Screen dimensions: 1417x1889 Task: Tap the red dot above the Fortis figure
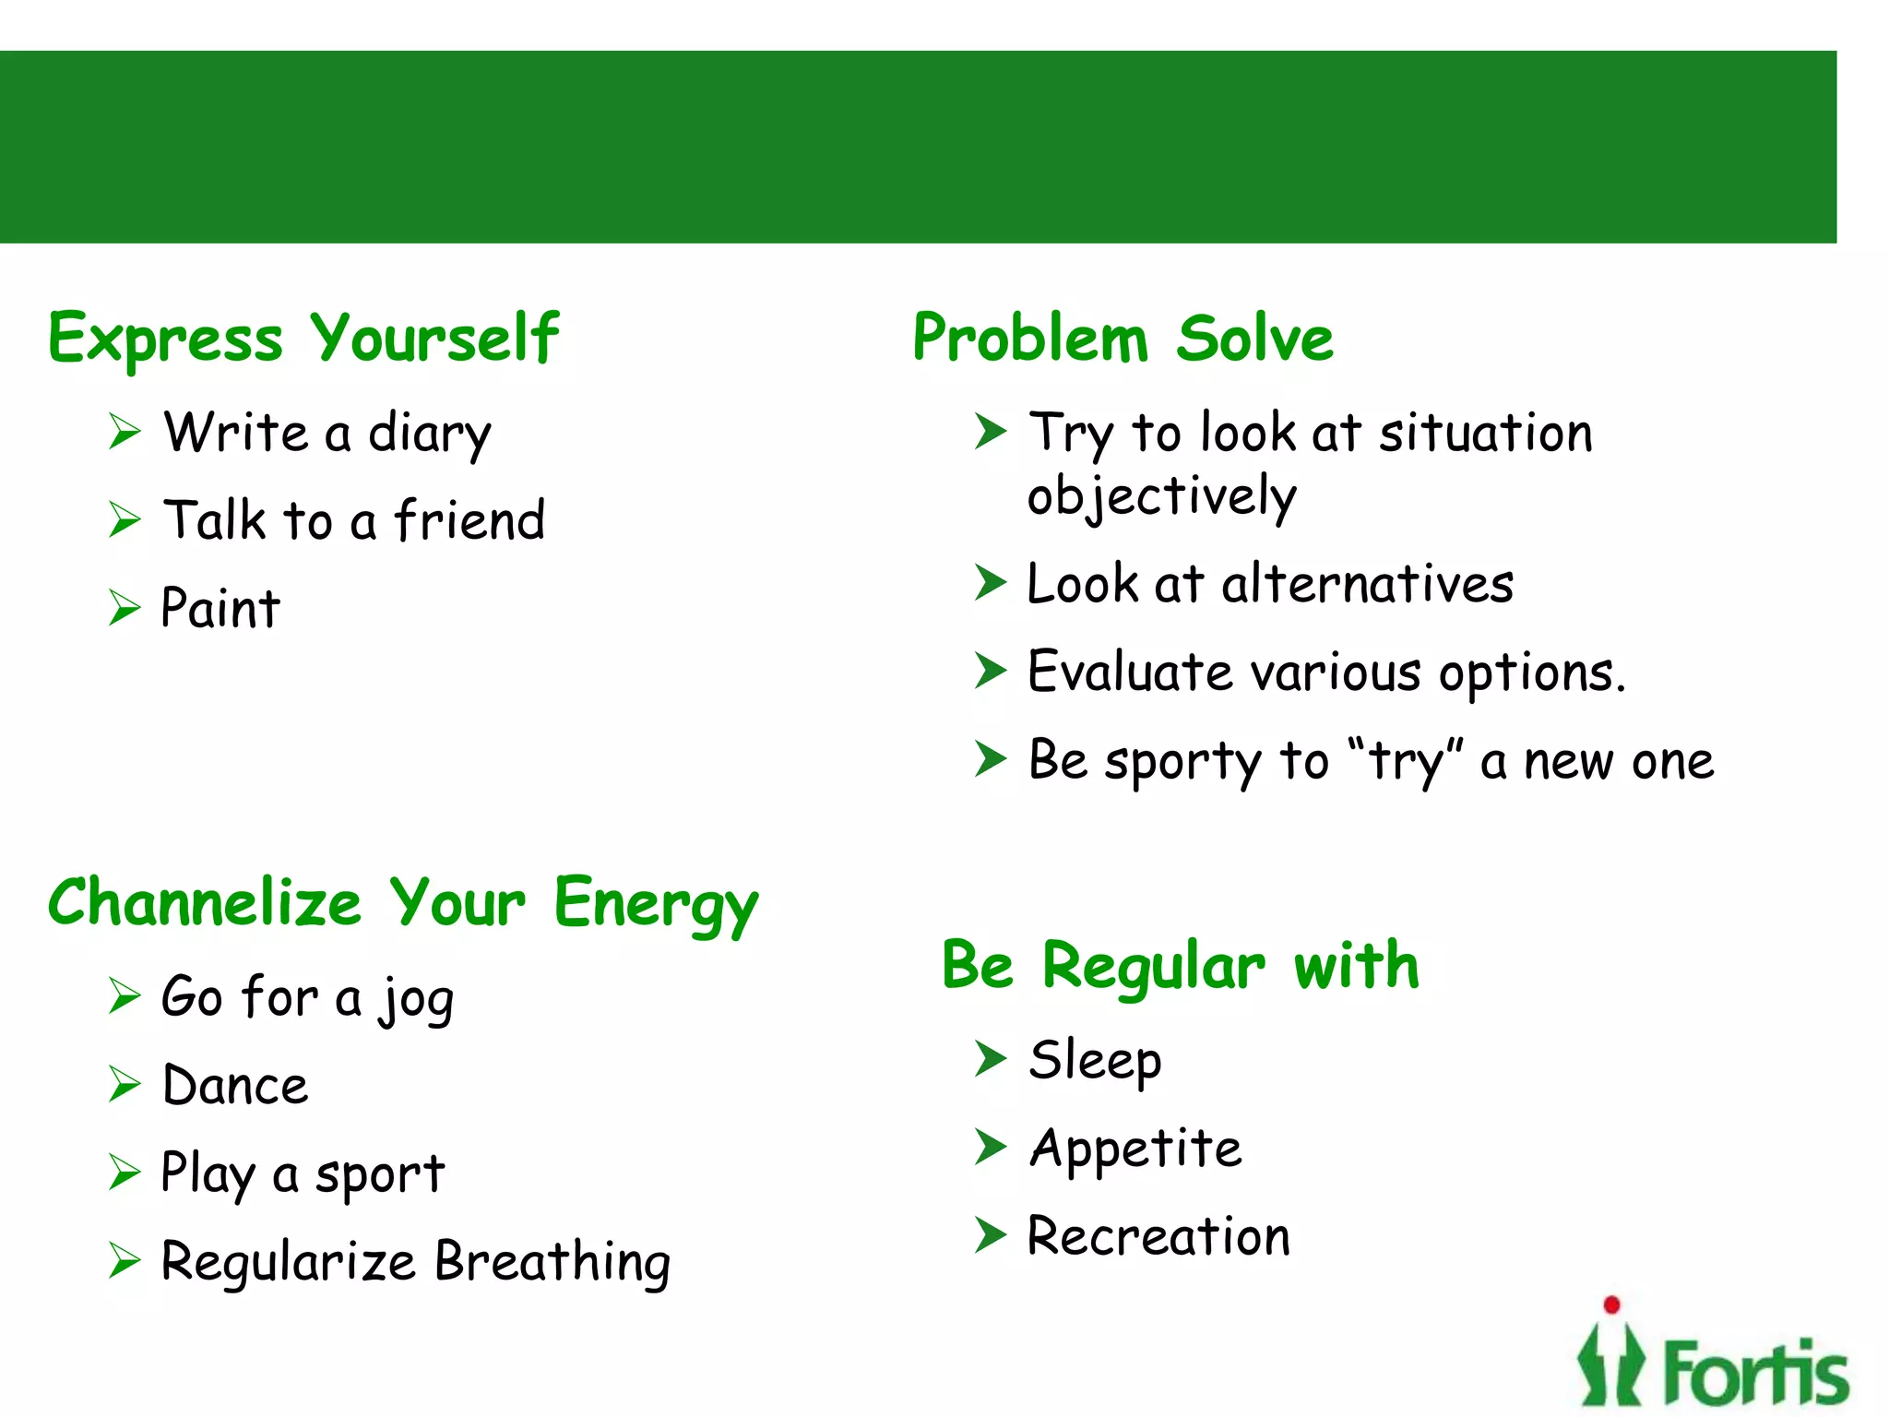point(1611,1304)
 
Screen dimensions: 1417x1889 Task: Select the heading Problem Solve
point(1122,338)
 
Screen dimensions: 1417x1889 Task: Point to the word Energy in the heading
point(655,904)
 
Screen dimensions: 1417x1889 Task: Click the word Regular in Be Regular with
point(1153,967)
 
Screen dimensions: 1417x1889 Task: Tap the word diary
point(429,434)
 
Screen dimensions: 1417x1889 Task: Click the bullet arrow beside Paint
point(124,608)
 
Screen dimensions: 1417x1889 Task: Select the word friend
point(469,520)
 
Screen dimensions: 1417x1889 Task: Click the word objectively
point(1161,496)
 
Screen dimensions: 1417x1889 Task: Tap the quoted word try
point(1405,762)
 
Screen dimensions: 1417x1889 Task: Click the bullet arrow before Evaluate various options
point(990,672)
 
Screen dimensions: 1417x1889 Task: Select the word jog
point(416,999)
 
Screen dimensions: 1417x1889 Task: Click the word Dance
point(235,1086)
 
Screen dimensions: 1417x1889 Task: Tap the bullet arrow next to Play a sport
point(124,1173)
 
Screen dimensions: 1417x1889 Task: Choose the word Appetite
point(1135,1149)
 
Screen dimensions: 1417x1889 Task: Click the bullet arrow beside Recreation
point(990,1235)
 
